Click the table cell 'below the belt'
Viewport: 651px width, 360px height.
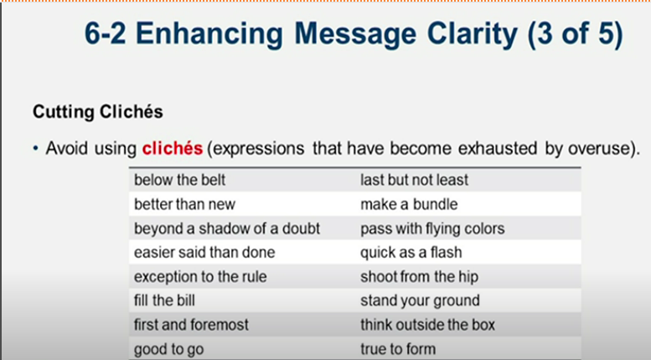coord(179,180)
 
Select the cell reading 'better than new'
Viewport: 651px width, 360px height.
coord(184,204)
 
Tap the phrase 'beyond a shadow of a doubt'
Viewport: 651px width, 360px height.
coord(226,229)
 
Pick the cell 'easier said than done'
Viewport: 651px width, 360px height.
coord(204,252)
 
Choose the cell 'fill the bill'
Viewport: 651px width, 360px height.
coord(165,300)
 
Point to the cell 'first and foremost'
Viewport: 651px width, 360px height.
coord(191,324)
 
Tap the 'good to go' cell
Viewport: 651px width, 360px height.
coord(168,348)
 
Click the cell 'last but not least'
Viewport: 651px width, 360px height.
coord(414,180)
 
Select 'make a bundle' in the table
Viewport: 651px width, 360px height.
coord(409,204)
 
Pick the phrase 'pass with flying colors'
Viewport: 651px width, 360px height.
coord(432,229)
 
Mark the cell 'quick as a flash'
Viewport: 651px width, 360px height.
coord(411,252)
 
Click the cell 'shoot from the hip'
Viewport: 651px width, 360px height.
coord(419,276)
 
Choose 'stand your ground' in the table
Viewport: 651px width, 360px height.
coord(420,300)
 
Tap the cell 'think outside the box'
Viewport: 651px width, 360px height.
coord(427,324)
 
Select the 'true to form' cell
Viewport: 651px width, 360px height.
coord(398,348)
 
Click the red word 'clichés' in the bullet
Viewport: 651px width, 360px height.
coord(172,149)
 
